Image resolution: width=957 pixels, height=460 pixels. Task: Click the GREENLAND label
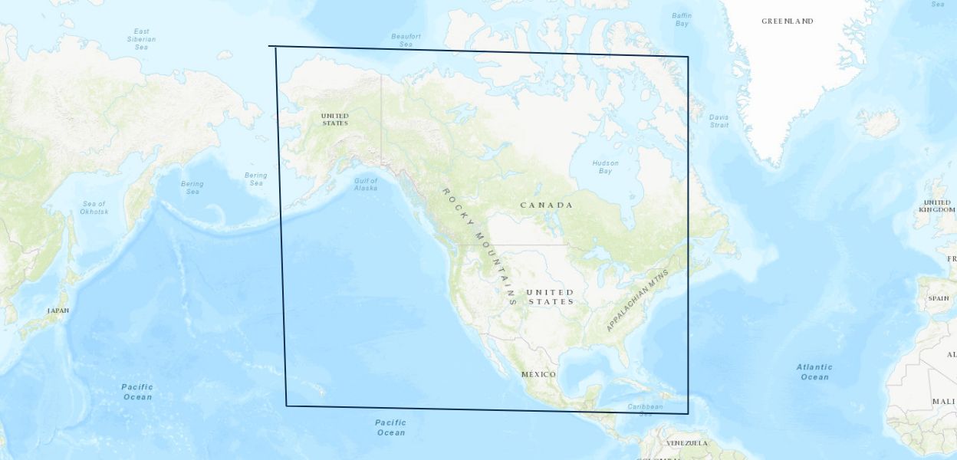(787, 21)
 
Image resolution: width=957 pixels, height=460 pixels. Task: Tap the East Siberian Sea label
(140, 39)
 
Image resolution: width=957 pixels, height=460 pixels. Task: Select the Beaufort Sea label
(406, 40)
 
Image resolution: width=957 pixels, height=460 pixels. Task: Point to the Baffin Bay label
(681, 20)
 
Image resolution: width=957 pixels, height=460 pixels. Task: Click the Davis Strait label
(719, 121)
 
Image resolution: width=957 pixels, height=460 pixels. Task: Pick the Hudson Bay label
(605, 167)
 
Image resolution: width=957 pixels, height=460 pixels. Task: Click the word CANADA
(546, 205)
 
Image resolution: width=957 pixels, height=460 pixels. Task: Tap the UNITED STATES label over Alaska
(335, 120)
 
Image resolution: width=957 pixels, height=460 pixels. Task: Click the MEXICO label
(538, 374)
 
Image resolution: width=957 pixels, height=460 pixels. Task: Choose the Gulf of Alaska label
(366, 184)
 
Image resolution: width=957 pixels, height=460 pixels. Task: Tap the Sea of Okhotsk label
(94, 207)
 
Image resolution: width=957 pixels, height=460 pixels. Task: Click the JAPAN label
(58, 310)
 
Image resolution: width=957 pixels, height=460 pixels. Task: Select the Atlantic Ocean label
(814, 372)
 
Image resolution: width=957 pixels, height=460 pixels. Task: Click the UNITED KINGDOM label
(939, 205)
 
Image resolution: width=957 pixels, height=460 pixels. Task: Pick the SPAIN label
(937, 298)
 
